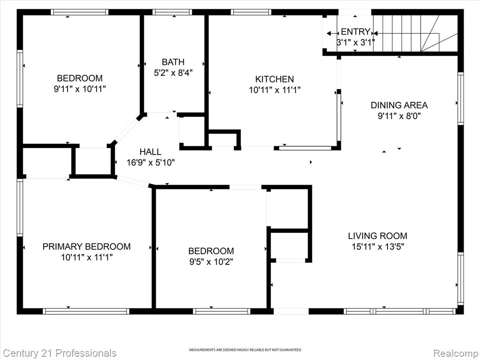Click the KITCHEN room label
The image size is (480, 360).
[275, 79]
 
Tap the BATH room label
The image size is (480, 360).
[173, 62]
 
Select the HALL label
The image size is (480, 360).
[150, 151]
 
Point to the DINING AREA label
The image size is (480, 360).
[399, 105]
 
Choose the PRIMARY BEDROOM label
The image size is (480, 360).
[87, 247]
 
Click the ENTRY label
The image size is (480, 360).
[355, 31]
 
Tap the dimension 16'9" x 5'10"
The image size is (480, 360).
[151, 163]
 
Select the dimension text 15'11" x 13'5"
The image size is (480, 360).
[378, 247]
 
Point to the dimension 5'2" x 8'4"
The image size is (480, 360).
[173, 73]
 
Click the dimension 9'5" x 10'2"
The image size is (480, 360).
[211, 262]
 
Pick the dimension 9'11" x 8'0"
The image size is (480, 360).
[399, 116]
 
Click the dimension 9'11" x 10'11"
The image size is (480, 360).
[80, 89]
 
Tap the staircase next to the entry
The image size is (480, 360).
[415, 33]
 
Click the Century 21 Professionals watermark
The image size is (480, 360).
[59, 353]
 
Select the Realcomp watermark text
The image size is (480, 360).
[456, 353]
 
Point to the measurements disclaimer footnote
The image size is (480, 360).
[245, 350]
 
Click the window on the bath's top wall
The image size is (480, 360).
[172, 12]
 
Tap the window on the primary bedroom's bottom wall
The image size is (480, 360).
[86, 311]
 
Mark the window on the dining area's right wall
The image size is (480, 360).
[460, 98]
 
